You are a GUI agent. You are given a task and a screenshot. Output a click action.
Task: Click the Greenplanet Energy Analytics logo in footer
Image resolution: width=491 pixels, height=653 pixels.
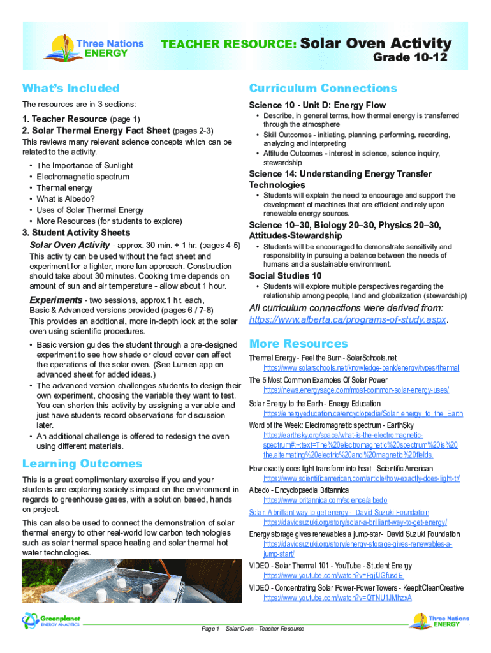[x=51, y=620]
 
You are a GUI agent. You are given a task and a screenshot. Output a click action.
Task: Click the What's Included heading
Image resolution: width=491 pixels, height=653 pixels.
[x=71, y=88]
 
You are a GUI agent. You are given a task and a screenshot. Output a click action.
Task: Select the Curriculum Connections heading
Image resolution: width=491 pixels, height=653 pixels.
[x=323, y=88]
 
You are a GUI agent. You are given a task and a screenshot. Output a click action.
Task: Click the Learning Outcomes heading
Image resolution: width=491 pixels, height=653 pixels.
[x=82, y=464]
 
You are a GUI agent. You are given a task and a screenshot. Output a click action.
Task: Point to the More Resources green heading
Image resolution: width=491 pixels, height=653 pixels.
[x=298, y=344]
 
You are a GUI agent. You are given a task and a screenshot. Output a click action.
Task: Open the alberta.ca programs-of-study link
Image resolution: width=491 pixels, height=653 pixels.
[x=348, y=319]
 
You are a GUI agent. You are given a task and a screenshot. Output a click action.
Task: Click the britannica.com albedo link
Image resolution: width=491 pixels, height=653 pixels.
[x=325, y=501]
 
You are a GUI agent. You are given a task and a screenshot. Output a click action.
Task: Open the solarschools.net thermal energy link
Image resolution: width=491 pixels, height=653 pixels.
[x=361, y=368]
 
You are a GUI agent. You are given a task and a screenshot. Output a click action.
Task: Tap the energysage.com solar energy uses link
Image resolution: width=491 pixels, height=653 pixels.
[x=356, y=390]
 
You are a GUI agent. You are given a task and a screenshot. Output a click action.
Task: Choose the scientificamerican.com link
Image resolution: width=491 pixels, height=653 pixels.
[x=362, y=478]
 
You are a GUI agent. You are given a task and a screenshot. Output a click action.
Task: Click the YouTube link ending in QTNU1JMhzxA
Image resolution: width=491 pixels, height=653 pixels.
[x=337, y=598]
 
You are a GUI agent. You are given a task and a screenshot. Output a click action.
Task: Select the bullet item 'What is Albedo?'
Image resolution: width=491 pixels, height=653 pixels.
[x=64, y=199]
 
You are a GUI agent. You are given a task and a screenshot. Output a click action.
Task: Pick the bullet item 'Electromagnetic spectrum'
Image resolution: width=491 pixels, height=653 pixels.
[x=83, y=177]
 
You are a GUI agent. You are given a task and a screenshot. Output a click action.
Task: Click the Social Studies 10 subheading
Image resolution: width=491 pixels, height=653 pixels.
[x=285, y=275]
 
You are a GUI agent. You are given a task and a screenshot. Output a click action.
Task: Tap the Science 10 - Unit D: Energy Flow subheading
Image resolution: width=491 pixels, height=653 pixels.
[x=317, y=105]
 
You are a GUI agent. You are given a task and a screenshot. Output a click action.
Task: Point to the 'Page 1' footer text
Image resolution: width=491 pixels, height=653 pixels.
[x=210, y=629]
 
